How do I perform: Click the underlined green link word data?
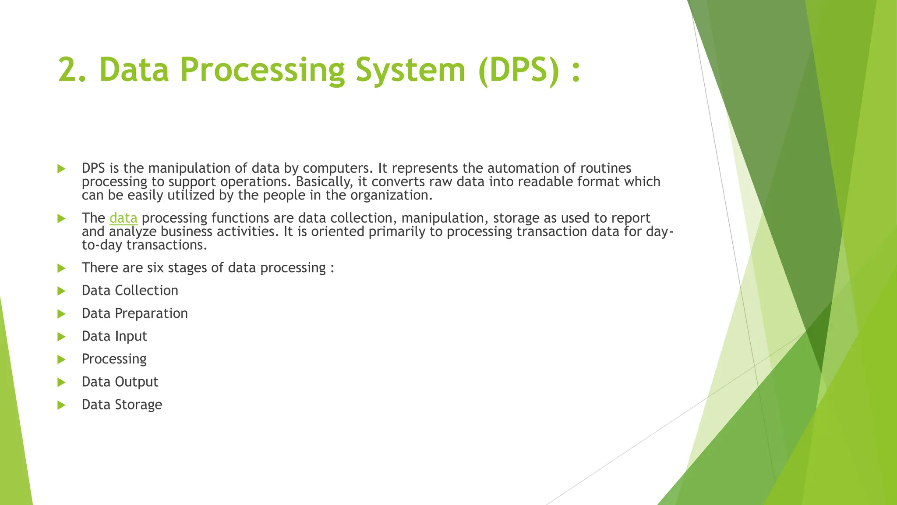(x=123, y=218)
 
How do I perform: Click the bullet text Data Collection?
(x=130, y=291)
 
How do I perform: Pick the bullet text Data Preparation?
(x=134, y=313)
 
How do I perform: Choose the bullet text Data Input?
(x=114, y=336)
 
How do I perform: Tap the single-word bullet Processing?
(x=114, y=359)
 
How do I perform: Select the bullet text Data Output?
(x=120, y=382)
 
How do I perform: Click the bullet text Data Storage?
(x=122, y=405)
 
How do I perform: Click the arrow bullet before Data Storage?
(x=61, y=405)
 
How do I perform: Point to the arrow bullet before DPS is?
(x=61, y=169)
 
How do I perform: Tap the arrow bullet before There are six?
(x=61, y=268)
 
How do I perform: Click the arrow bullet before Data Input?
(x=61, y=337)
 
